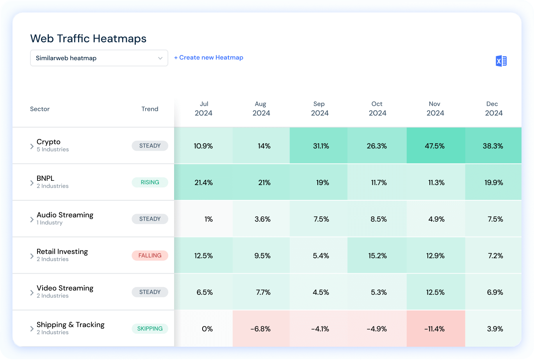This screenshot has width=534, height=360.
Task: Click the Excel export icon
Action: (x=501, y=61)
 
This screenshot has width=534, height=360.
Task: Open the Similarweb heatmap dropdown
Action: (x=99, y=58)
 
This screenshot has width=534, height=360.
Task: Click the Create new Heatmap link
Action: (x=208, y=57)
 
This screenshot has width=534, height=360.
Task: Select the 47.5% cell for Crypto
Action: (x=436, y=146)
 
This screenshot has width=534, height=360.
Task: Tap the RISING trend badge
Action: (x=150, y=182)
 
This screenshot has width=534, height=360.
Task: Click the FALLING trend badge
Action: (x=150, y=256)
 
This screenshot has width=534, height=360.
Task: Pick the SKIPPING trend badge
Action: (x=150, y=329)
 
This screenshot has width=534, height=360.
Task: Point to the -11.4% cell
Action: (x=436, y=329)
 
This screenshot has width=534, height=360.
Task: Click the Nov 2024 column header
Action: (x=435, y=109)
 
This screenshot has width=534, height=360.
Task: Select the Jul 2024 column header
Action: (x=204, y=109)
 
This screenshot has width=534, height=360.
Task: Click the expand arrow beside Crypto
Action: (x=32, y=146)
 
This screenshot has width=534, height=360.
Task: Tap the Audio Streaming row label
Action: (x=65, y=215)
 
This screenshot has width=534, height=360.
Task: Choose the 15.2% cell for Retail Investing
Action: (x=377, y=256)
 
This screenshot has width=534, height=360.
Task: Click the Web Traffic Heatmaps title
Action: (x=88, y=39)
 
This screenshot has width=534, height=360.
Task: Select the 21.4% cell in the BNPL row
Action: (x=204, y=182)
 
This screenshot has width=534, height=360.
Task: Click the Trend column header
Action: (x=150, y=109)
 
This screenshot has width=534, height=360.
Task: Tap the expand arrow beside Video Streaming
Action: (x=32, y=293)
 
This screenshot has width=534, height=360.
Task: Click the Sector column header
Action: (x=40, y=109)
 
